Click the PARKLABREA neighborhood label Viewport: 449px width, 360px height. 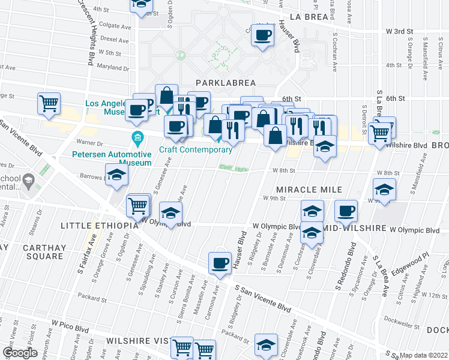pyautogui.click(x=225, y=82)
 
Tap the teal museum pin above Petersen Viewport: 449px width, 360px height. pyautogui.click(x=138, y=139)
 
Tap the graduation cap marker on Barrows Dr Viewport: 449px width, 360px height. pyautogui.click(x=116, y=175)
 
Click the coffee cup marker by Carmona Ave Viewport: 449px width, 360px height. pyautogui.click(x=220, y=262)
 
